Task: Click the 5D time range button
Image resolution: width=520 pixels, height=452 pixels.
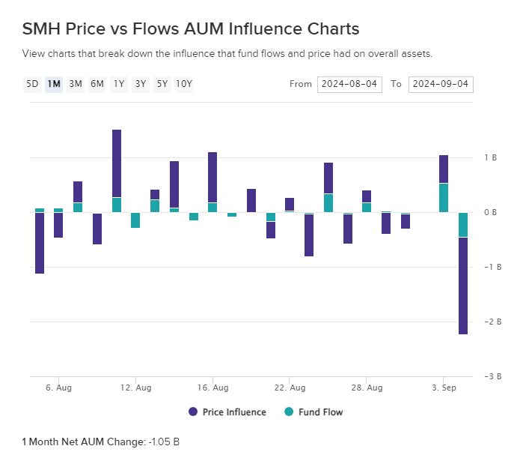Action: pyautogui.click(x=32, y=84)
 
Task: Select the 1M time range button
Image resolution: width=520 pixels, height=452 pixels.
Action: pyautogui.click(x=54, y=84)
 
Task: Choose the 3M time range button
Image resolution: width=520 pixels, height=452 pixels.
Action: pyautogui.click(x=76, y=84)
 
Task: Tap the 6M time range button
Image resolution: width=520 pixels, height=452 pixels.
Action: pyautogui.click(x=97, y=84)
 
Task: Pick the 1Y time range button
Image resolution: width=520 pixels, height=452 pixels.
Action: pyautogui.click(x=119, y=84)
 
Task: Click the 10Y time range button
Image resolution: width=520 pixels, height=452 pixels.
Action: pyautogui.click(x=184, y=84)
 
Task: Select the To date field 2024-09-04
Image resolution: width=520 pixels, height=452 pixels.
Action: pyautogui.click(x=440, y=84)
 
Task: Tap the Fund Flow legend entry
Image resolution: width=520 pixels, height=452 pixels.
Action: pyautogui.click(x=313, y=412)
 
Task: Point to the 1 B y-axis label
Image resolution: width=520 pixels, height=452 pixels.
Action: pyautogui.click(x=491, y=158)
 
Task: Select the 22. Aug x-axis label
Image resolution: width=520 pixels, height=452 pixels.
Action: pyautogui.click(x=290, y=388)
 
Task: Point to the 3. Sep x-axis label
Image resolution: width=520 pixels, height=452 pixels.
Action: pyautogui.click(x=444, y=388)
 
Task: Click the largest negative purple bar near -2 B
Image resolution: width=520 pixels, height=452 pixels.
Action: pyautogui.click(x=463, y=286)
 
